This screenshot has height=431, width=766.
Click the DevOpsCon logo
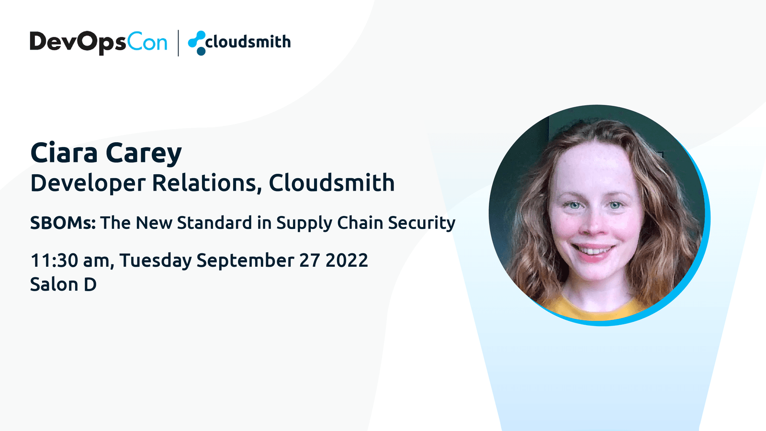click(x=99, y=43)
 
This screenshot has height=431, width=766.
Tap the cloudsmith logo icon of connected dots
click(x=197, y=43)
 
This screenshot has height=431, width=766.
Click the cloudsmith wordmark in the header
click(x=248, y=42)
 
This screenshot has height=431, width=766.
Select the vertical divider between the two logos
click(x=178, y=43)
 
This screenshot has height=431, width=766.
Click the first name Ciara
click(x=64, y=153)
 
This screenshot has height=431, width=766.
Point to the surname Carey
click(x=144, y=154)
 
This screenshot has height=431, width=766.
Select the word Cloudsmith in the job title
click(x=332, y=182)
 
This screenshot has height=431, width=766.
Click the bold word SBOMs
click(x=63, y=223)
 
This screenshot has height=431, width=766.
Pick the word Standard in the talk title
click(x=214, y=223)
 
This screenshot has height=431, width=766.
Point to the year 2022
click(x=347, y=261)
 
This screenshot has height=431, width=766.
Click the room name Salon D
click(x=63, y=284)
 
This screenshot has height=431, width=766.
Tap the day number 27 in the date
click(x=310, y=261)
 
